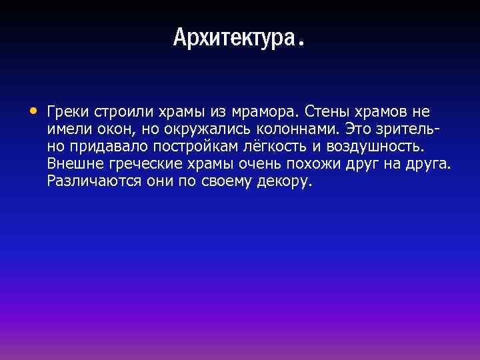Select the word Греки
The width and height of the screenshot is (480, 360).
click(x=66, y=111)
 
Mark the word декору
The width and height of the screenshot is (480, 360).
click(x=284, y=181)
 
